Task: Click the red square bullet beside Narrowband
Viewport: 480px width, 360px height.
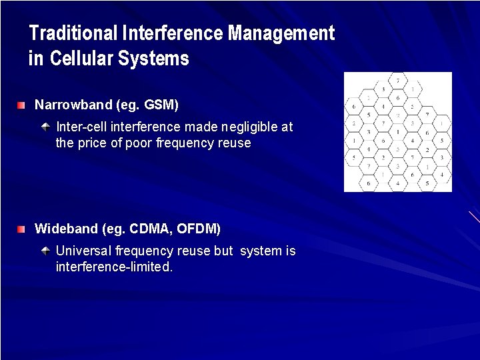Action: pos(22,105)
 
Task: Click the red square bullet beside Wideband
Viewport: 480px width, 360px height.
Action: pos(22,229)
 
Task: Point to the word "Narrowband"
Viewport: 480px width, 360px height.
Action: pos(73,105)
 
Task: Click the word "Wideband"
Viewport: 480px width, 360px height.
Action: pos(66,229)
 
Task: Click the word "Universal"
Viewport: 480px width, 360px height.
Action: pos(83,251)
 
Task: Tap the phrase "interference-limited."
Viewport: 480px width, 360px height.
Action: pos(114,267)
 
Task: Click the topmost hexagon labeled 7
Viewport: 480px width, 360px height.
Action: pos(397,81)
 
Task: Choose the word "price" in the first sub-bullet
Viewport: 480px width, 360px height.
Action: pos(91,143)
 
